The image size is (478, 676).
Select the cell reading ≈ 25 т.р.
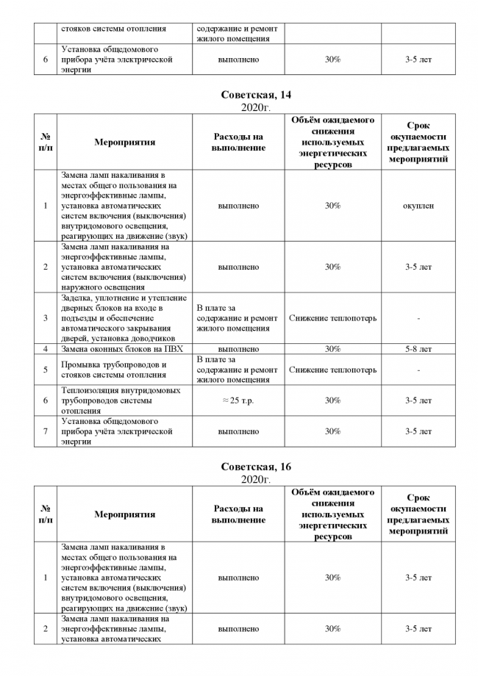pyautogui.click(x=238, y=400)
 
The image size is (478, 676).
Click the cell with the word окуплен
pyautogui.click(x=418, y=206)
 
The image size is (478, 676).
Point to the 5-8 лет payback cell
pyautogui.click(x=418, y=349)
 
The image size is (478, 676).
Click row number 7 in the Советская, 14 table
pyautogui.click(x=46, y=431)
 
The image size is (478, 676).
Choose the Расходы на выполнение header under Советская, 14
pyautogui.click(x=238, y=143)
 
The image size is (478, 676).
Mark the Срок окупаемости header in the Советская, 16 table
pyautogui.click(x=418, y=514)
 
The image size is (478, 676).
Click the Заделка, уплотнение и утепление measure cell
pyautogui.click(x=122, y=318)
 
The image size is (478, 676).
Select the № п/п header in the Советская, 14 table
pyautogui.click(x=46, y=143)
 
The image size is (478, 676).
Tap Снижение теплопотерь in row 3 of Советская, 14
pyautogui.click(x=332, y=318)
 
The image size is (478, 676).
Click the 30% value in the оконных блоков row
pyautogui.click(x=332, y=349)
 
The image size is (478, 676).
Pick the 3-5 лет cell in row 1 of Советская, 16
pyautogui.click(x=418, y=578)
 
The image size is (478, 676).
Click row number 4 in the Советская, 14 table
pyautogui.click(x=46, y=349)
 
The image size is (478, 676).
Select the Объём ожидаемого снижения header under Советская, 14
pyautogui.click(x=332, y=143)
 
